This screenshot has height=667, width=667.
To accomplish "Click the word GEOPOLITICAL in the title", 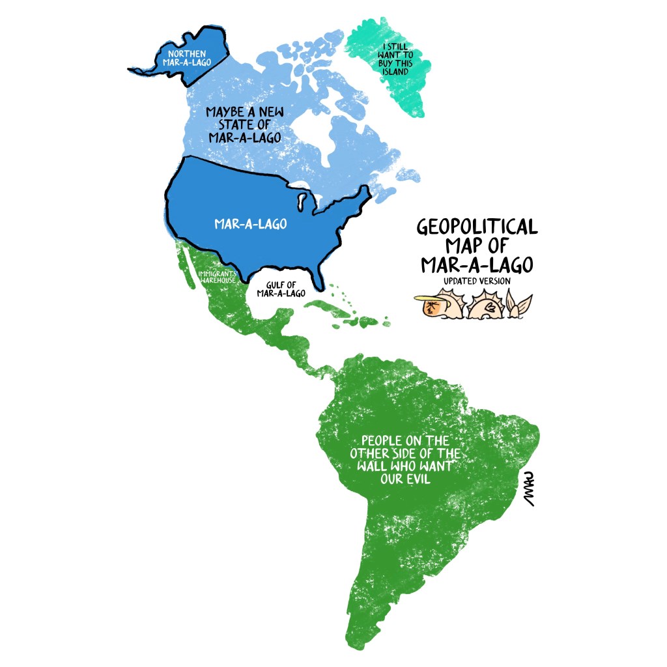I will [477, 227].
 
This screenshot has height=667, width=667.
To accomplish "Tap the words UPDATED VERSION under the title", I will [477, 281].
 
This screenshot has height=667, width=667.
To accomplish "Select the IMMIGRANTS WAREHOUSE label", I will [217, 276].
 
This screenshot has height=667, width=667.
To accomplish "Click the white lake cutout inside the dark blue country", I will [301, 199].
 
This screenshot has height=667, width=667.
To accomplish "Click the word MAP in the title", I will [463, 246].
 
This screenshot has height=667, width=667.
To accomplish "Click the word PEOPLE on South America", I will [386, 441].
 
